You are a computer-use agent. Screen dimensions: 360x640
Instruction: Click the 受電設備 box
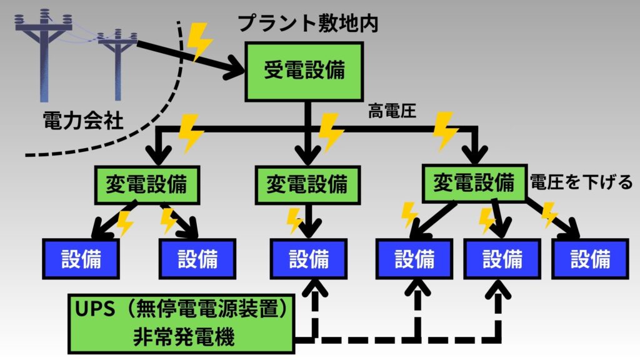click(305, 71)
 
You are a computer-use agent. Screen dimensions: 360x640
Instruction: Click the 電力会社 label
click(82, 120)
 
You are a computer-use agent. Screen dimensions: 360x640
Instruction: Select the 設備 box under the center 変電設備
click(308, 258)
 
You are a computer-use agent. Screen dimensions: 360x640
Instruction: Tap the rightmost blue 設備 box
click(589, 258)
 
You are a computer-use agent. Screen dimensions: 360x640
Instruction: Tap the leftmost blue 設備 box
click(81, 258)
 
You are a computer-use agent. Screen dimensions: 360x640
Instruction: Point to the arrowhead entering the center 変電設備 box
click(307, 156)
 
